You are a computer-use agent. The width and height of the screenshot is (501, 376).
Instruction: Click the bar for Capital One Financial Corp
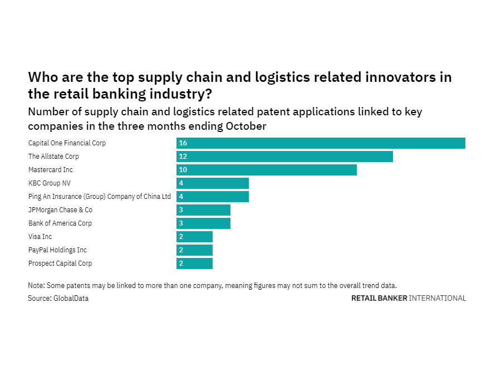321,143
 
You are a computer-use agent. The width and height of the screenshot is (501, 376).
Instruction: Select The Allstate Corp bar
284,157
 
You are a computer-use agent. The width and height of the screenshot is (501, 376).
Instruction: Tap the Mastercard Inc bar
267,170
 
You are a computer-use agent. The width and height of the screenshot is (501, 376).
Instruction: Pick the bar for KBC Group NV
213,183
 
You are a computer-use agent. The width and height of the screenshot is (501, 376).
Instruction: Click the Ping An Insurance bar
213,197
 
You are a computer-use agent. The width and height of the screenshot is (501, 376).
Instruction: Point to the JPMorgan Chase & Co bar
203,210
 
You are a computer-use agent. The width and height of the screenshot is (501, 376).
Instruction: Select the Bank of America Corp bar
203,223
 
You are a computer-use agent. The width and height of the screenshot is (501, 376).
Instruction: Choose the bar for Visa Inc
194,237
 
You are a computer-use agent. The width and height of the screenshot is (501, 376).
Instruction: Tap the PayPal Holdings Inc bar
194,250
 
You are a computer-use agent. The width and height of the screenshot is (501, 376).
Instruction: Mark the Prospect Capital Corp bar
194,263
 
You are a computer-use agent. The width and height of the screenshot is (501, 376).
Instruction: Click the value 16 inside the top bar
183,143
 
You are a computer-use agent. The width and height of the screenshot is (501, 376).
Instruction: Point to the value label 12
183,157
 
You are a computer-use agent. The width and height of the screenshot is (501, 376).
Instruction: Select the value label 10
183,170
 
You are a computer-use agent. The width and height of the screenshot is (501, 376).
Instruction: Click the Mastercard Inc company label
51,170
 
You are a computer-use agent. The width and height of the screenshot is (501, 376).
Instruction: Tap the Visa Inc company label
40,237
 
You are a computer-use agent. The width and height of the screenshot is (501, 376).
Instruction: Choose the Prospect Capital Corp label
60,263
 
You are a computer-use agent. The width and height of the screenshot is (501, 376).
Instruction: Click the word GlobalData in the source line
71,299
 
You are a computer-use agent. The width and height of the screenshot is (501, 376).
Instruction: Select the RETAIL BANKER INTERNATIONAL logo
408,299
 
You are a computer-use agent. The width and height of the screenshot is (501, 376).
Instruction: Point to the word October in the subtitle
245,126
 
